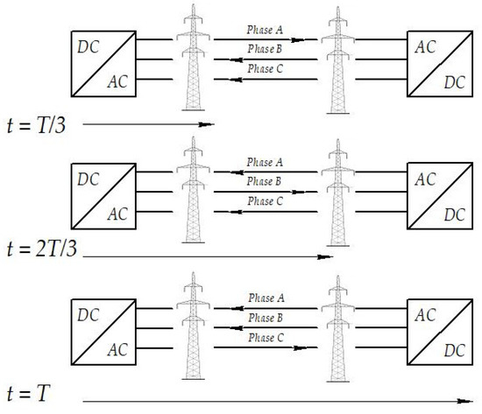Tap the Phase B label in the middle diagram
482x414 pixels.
(x=265, y=181)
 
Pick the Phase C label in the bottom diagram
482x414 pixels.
(x=265, y=337)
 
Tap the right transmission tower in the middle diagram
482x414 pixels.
(x=334, y=193)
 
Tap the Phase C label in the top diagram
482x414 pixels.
(x=265, y=68)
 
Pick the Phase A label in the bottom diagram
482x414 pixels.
(x=265, y=298)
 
